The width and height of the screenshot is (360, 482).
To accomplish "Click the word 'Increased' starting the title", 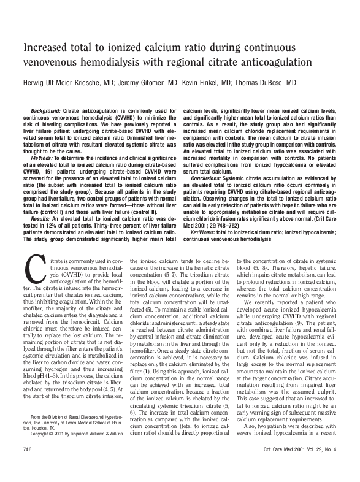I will pos(47,48).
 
